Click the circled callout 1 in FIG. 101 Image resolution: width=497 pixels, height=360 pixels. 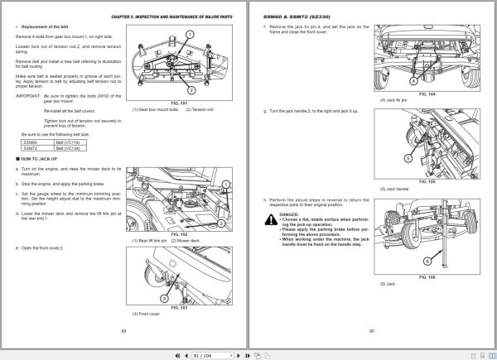[x=190, y=35]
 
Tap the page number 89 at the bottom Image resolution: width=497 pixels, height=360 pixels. [x=123, y=329]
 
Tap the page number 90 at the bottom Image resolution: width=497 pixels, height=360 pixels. [x=372, y=329]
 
